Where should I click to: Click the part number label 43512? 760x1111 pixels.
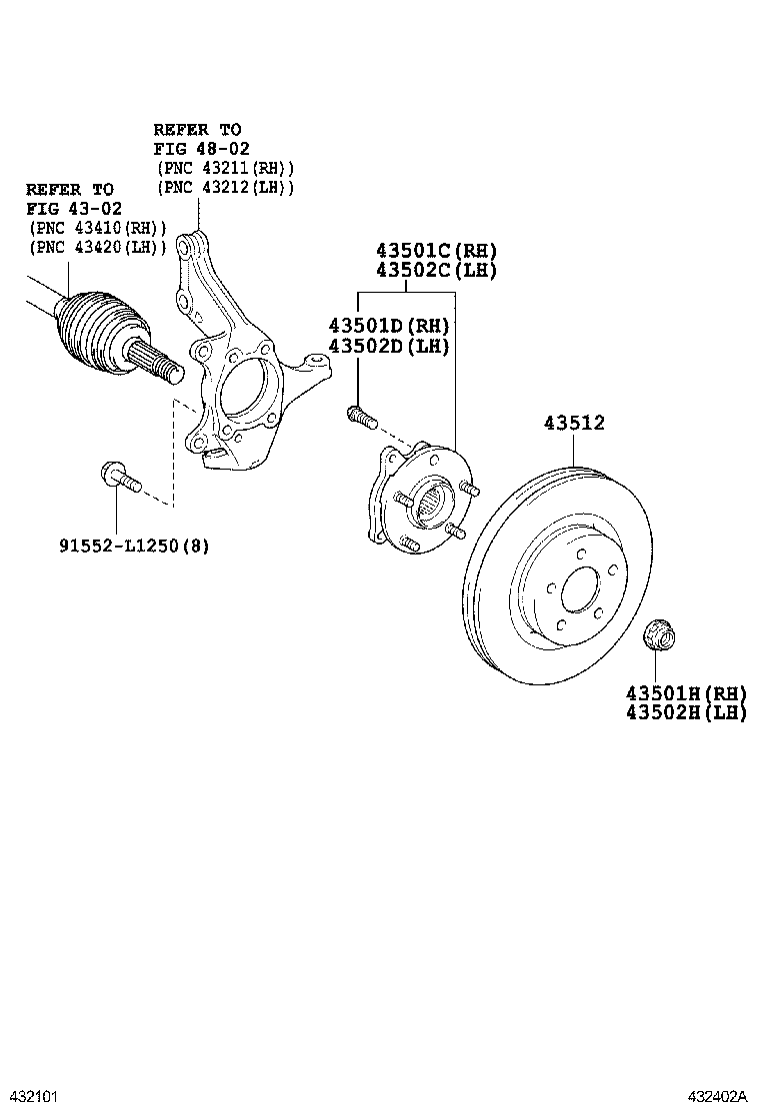click(x=574, y=424)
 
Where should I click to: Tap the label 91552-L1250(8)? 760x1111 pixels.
click(x=147, y=547)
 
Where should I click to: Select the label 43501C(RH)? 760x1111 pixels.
click(x=436, y=251)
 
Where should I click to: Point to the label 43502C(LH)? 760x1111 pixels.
click(x=436, y=271)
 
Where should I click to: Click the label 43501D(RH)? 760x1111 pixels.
click(x=388, y=327)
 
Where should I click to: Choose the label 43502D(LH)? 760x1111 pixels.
click(x=388, y=347)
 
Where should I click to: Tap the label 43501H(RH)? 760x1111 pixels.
click(x=686, y=693)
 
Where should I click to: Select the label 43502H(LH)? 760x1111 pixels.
click(x=686, y=712)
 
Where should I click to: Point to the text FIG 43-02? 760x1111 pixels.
click(x=74, y=208)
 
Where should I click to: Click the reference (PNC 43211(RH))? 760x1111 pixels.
click(x=225, y=168)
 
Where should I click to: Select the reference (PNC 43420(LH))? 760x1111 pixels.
click(x=98, y=247)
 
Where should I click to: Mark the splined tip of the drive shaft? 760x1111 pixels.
click(x=160, y=361)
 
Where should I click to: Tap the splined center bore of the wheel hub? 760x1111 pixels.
click(x=432, y=497)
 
